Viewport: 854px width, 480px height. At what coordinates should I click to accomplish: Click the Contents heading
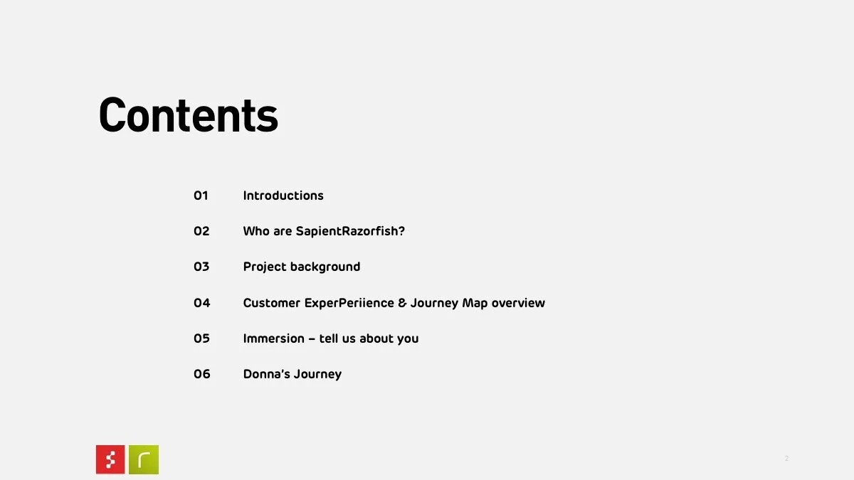click(188, 115)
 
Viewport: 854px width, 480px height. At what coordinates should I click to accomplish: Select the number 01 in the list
click(201, 196)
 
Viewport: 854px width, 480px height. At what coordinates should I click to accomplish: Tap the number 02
click(201, 231)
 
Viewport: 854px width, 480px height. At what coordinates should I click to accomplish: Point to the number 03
click(201, 267)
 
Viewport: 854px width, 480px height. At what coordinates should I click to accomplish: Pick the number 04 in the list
click(202, 303)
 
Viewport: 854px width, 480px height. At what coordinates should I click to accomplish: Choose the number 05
click(202, 338)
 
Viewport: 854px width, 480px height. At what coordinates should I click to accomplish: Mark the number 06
click(202, 374)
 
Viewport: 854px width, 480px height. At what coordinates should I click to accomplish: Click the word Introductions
click(283, 196)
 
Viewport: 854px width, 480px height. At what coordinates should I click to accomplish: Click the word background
click(325, 267)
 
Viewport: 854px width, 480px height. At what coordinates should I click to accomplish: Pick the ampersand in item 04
click(402, 303)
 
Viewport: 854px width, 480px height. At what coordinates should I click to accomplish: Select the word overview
click(518, 303)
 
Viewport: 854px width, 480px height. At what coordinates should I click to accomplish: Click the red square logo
click(110, 459)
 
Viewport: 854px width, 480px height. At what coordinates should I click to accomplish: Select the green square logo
click(144, 459)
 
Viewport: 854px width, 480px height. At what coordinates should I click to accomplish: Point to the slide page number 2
click(786, 459)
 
